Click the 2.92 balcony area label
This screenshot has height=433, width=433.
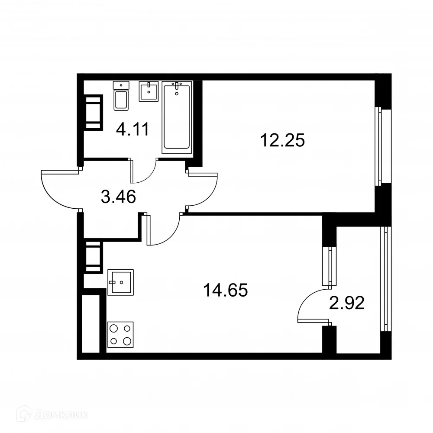pos(346,303)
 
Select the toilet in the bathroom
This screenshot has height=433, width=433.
pos(121,97)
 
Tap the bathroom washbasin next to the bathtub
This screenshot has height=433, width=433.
pos(149,91)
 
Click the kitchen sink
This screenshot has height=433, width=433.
pos(120,282)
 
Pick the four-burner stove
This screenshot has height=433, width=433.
pos(120,335)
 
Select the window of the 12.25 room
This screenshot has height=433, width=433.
pos(379,146)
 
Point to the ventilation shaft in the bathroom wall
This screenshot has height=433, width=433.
pos(94,113)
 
